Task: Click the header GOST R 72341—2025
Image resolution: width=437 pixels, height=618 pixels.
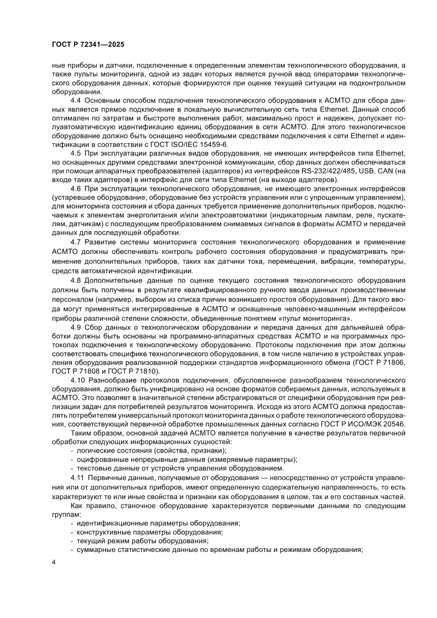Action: (x=88, y=45)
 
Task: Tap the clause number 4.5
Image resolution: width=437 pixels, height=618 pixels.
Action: (x=76, y=153)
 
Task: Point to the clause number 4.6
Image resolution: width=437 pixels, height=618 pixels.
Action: (x=76, y=188)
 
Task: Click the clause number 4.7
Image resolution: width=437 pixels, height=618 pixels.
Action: (x=76, y=241)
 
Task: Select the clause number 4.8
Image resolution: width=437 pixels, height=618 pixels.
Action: (x=76, y=280)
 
